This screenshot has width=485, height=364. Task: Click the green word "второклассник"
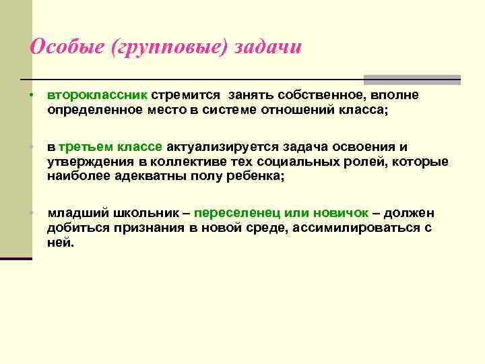97,95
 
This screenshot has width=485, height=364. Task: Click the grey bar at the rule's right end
412,80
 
